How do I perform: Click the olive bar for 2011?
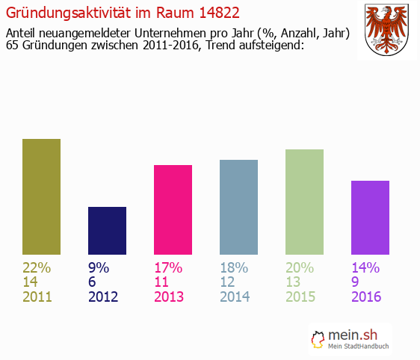[41, 196]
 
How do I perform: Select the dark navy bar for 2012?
[107, 231]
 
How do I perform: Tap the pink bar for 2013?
[173, 210]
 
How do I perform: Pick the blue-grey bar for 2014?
[238, 207]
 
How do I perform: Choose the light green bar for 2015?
[304, 202]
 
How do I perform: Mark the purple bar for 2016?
[370, 217]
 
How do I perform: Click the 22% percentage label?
[37, 267]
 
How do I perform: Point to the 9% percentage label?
[99, 267]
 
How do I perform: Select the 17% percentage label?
[168, 267]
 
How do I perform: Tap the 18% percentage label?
[234, 267]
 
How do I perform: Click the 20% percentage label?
[300, 267]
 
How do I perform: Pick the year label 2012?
[103, 297]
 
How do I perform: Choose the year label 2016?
[366, 297]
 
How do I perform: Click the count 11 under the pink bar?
[162, 282]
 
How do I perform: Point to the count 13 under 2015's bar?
[294, 282]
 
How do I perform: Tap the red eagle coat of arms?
[386, 30]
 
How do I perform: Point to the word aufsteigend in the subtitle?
[268, 46]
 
